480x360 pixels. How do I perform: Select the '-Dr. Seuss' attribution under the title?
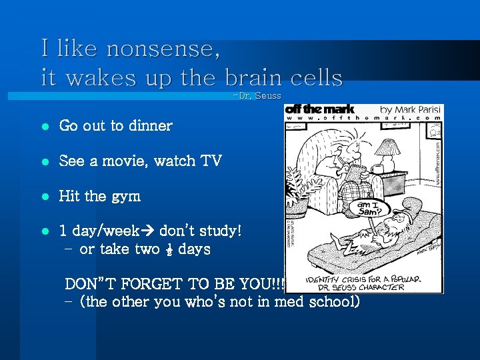coord(257,96)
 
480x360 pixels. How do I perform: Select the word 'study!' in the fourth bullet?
coord(220,231)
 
